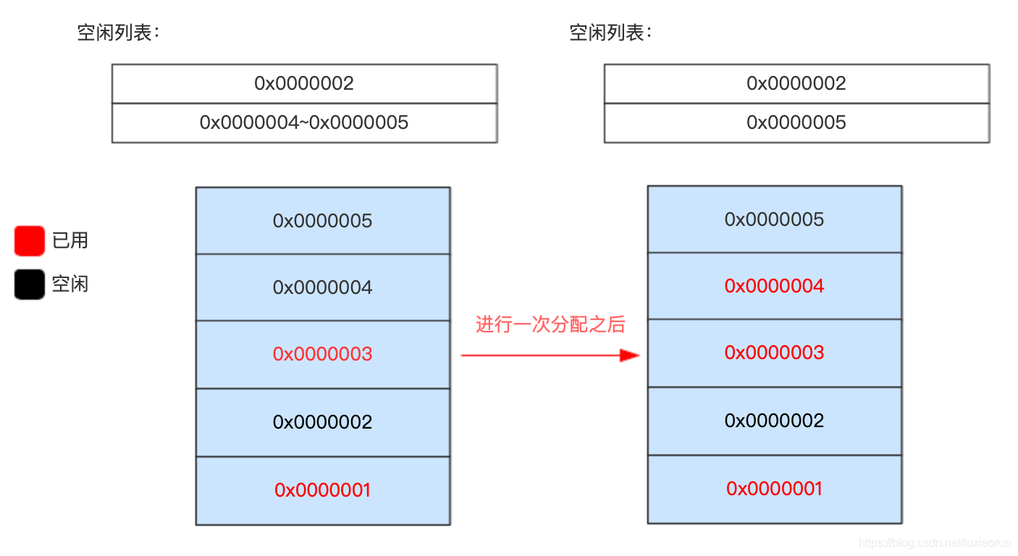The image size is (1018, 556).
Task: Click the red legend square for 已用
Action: click(29, 240)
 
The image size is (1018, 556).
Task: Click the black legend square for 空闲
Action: click(29, 284)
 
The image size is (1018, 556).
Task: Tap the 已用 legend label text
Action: click(70, 240)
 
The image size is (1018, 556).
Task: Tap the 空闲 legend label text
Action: click(70, 284)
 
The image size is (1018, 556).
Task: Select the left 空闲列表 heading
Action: click(117, 33)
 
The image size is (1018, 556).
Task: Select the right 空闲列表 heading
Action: click(610, 33)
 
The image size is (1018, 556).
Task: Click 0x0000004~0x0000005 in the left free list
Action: click(304, 122)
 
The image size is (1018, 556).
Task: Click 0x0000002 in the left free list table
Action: click(304, 83)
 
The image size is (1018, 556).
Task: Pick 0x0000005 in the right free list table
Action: click(796, 122)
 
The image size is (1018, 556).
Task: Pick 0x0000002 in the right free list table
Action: click(796, 83)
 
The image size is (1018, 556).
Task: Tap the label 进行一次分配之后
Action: click(550, 324)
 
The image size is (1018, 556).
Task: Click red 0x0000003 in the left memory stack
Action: click(322, 354)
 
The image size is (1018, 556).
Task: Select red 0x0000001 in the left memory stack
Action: click(322, 490)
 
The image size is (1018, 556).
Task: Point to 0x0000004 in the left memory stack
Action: click(322, 287)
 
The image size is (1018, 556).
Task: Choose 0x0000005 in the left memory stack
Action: click(322, 221)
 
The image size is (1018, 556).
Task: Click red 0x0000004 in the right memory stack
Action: click(774, 286)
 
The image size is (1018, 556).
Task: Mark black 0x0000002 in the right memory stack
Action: click(774, 421)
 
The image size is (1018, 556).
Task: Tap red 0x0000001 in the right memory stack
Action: click(774, 489)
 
